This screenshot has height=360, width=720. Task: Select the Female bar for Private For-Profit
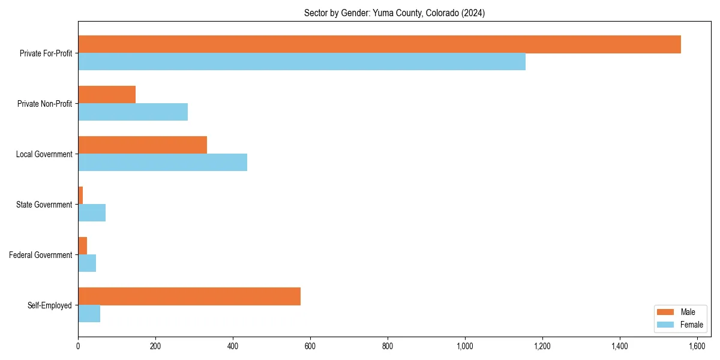[x=302, y=62]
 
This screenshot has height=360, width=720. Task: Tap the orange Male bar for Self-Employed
[x=189, y=296]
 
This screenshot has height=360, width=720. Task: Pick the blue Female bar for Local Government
[x=163, y=162]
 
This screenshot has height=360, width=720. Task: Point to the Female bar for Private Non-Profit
[x=133, y=112]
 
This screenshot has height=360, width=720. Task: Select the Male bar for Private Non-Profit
[x=107, y=94]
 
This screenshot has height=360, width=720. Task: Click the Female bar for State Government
[x=92, y=212]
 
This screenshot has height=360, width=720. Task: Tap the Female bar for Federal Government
[x=87, y=263]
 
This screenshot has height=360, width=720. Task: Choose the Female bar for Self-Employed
[x=89, y=313]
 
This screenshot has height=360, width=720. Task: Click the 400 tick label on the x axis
[x=233, y=346]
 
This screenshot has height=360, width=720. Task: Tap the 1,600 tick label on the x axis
[x=697, y=346]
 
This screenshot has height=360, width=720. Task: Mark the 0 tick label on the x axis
[x=78, y=346]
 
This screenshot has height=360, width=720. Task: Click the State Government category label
[x=44, y=205]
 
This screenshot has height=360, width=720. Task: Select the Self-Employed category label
[x=50, y=305]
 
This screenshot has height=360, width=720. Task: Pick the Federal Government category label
[x=41, y=255]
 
